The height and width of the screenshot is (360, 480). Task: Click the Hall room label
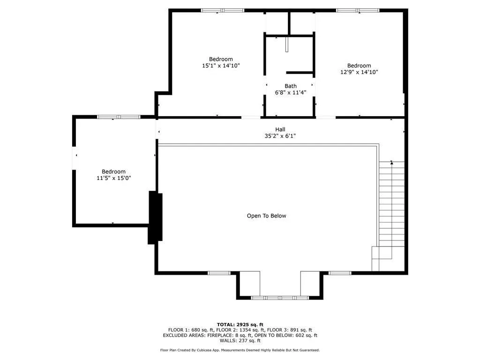[280, 129]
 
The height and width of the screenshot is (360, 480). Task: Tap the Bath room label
[291, 86]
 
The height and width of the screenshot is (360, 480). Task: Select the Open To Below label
[266, 216]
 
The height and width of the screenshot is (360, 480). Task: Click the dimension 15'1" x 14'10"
[221, 66]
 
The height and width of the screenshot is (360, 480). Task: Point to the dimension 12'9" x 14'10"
[359, 72]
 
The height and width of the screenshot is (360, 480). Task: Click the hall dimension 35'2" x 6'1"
[280, 136]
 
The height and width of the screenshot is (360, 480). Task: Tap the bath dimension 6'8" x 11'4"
[291, 92]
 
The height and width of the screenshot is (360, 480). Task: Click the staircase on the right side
[391, 204]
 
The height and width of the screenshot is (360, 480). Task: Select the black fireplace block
[155, 217]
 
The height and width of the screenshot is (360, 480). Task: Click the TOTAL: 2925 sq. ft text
[240, 324]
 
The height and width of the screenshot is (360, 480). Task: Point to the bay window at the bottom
[280, 298]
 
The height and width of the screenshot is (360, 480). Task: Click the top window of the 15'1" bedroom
[223, 10]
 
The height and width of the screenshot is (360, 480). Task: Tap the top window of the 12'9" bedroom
[358, 10]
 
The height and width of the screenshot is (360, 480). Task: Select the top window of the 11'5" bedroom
[119, 117]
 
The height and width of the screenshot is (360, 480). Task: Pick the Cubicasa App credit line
[240, 350]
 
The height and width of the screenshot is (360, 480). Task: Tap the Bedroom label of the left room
[114, 172]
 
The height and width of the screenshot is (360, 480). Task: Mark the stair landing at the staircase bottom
[382, 253]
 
